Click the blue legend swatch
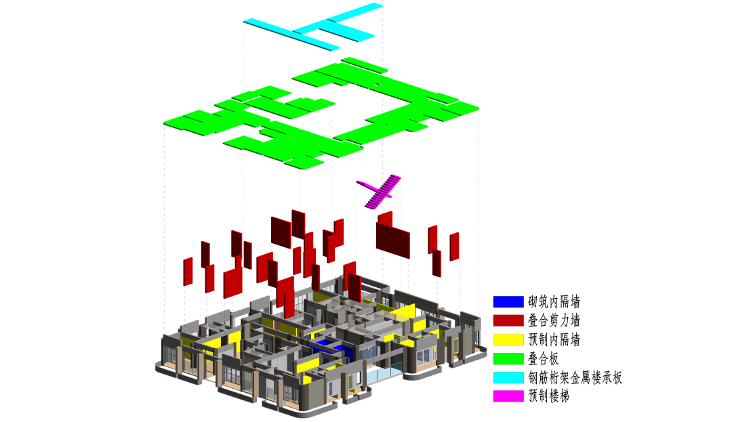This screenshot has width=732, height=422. pos(508,301)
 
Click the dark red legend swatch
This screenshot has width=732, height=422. pos(508,321)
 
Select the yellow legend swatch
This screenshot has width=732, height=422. pos(508,339)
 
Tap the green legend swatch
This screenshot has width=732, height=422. pos(508,358)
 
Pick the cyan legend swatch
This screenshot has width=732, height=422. pos(508,378)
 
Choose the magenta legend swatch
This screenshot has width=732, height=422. pos(508,396)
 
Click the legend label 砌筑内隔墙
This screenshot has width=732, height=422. pos(554,301)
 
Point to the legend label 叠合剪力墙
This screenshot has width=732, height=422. pos(554,321)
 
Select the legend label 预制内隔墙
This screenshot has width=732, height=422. pos(554,339)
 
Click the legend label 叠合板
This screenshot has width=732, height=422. pos(544,358)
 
